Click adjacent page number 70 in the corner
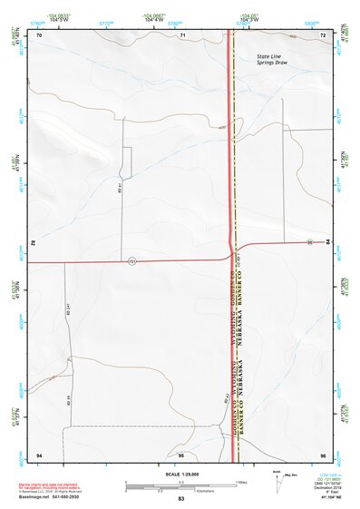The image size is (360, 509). point(40,34)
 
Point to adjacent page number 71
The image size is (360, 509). point(181,34)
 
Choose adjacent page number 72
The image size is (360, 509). point(323,34)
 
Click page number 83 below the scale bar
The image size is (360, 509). point(181,499)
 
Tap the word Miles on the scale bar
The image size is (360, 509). point(241,481)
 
